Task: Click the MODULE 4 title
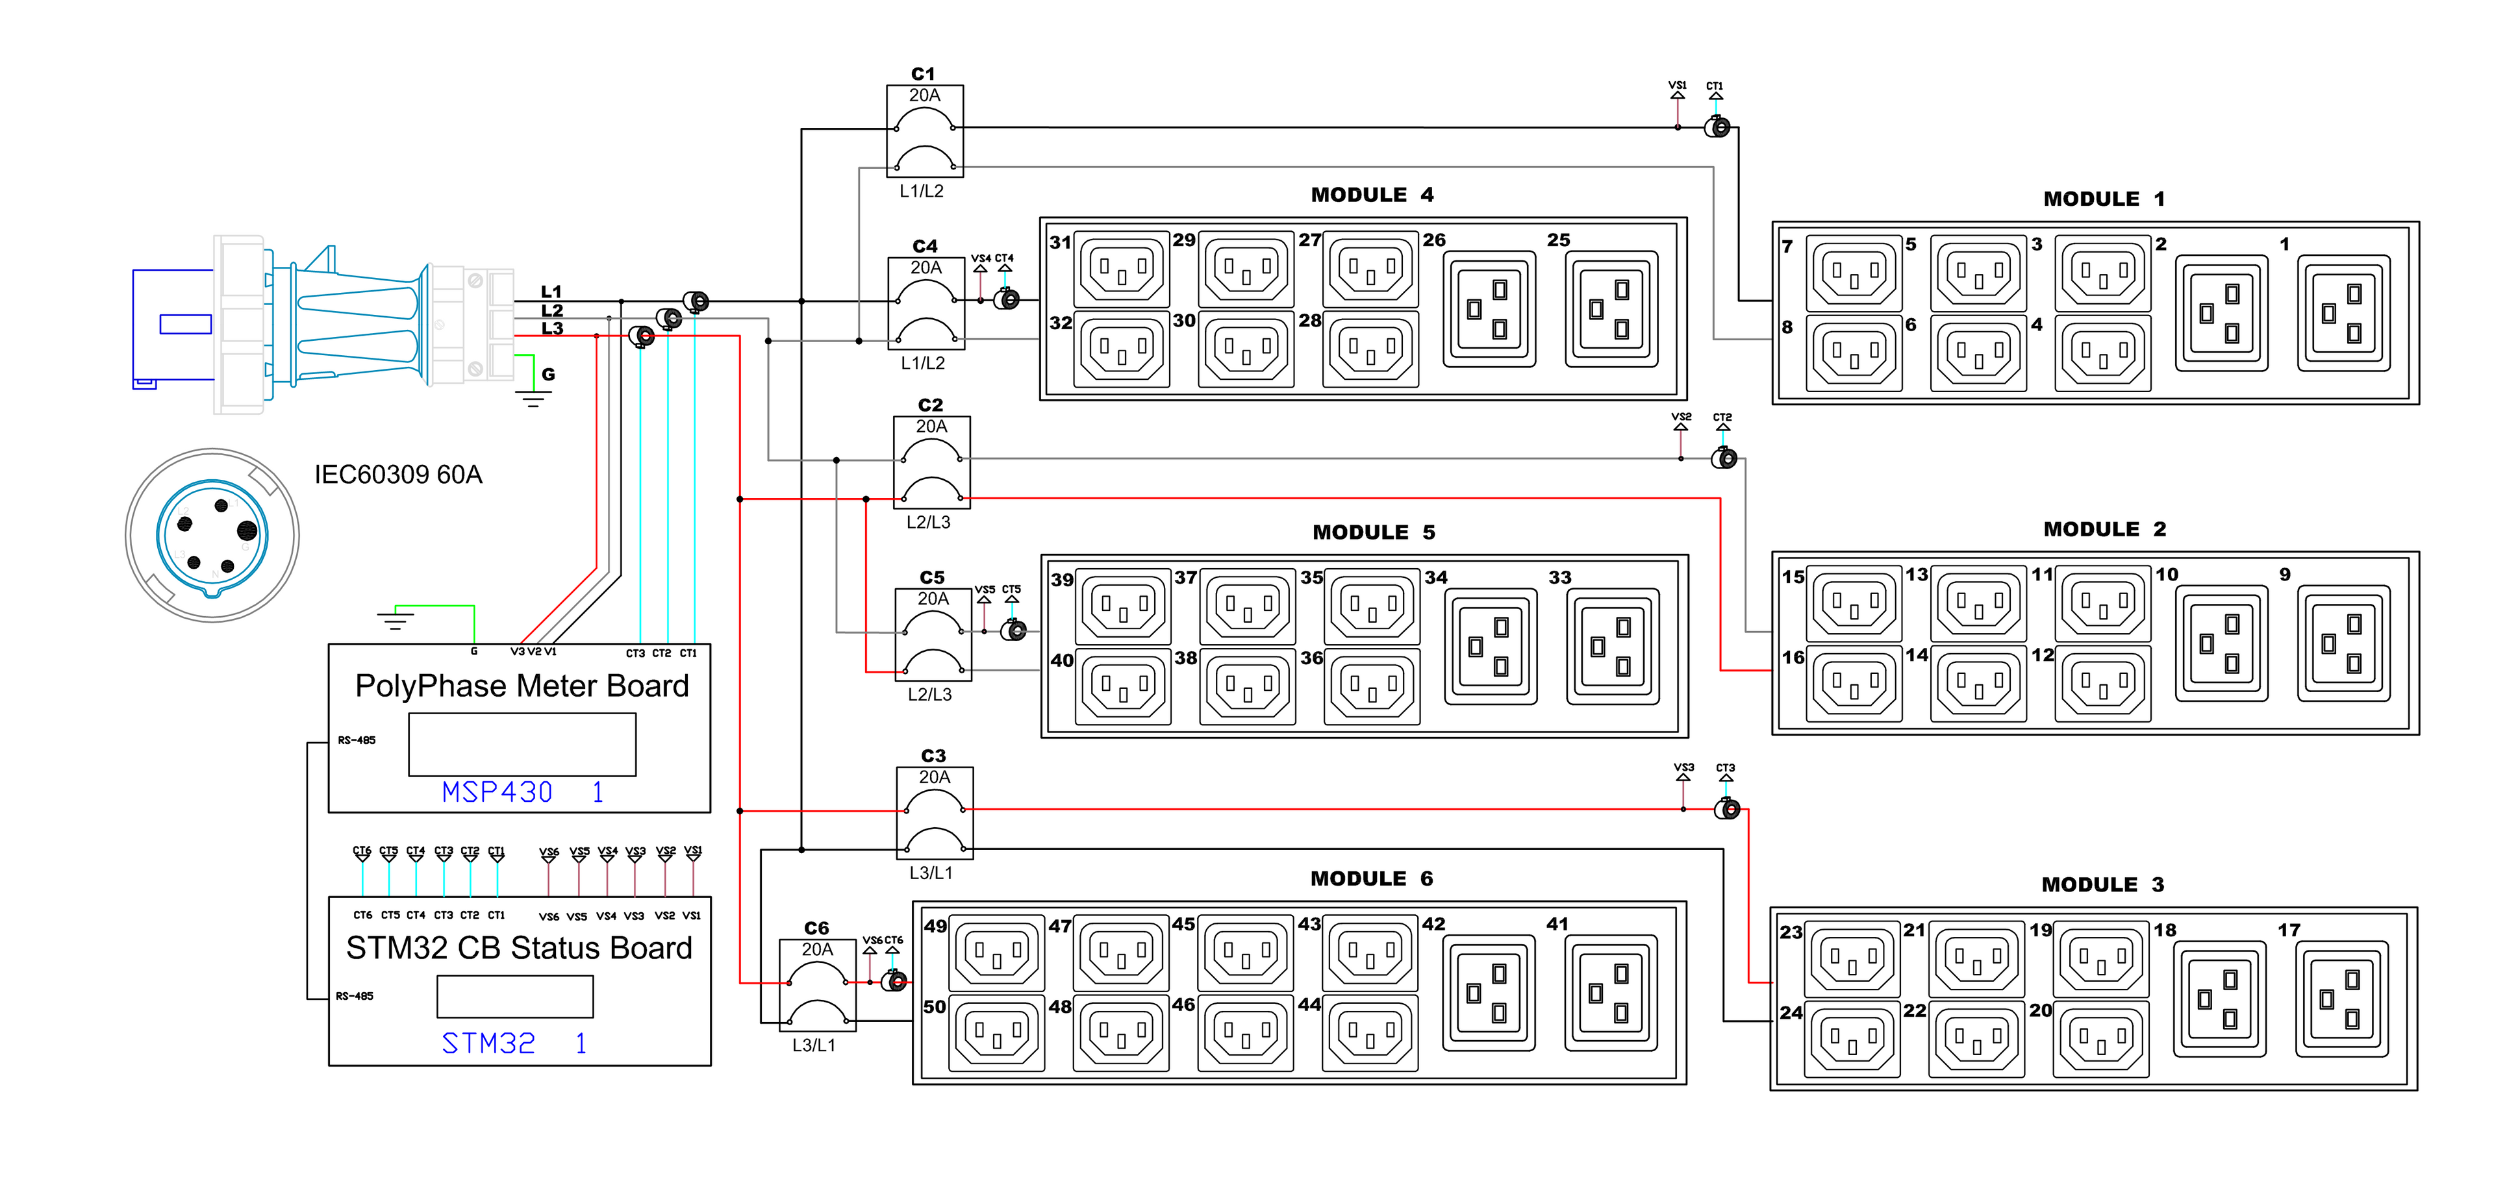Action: tap(1372, 195)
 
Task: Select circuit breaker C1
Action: tap(925, 131)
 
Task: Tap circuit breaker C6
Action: tap(817, 984)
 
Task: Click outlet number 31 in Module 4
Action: tap(1122, 268)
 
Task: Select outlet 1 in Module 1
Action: tap(2343, 313)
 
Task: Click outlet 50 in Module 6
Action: tap(996, 1034)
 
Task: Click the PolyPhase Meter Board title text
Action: tap(522, 686)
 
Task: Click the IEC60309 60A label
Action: tap(398, 475)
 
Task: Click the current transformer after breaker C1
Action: tap(1717, 127)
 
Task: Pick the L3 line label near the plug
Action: tap(552, 329)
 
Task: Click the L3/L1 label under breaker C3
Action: tap(931, 872)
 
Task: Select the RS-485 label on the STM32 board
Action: tap(355, 995)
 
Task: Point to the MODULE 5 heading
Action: tap(1373, 532)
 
